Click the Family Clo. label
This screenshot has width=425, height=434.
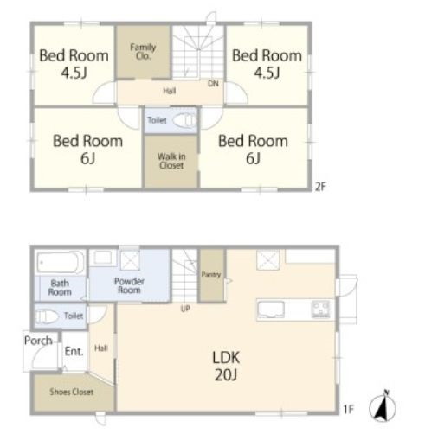143,51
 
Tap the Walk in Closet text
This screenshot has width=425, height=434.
171,161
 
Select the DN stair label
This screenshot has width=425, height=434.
213,84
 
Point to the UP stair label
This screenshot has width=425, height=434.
185,309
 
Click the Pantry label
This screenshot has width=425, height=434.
211,274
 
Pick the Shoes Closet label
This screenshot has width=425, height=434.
71,392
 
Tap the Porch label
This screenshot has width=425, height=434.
38,341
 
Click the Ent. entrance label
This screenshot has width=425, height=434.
74,351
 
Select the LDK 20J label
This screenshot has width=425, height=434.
226,366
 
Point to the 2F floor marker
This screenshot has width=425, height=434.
320,187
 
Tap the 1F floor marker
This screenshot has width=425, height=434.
348,409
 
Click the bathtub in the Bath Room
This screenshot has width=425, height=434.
60,262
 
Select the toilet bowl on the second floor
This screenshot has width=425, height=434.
185,120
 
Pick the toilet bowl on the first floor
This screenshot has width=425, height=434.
46,316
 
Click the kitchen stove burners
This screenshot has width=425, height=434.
320,310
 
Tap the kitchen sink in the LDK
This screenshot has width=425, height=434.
271,310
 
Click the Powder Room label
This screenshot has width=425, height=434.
129,285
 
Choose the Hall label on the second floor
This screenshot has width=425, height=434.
170,91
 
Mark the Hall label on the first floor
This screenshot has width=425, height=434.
101,348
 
